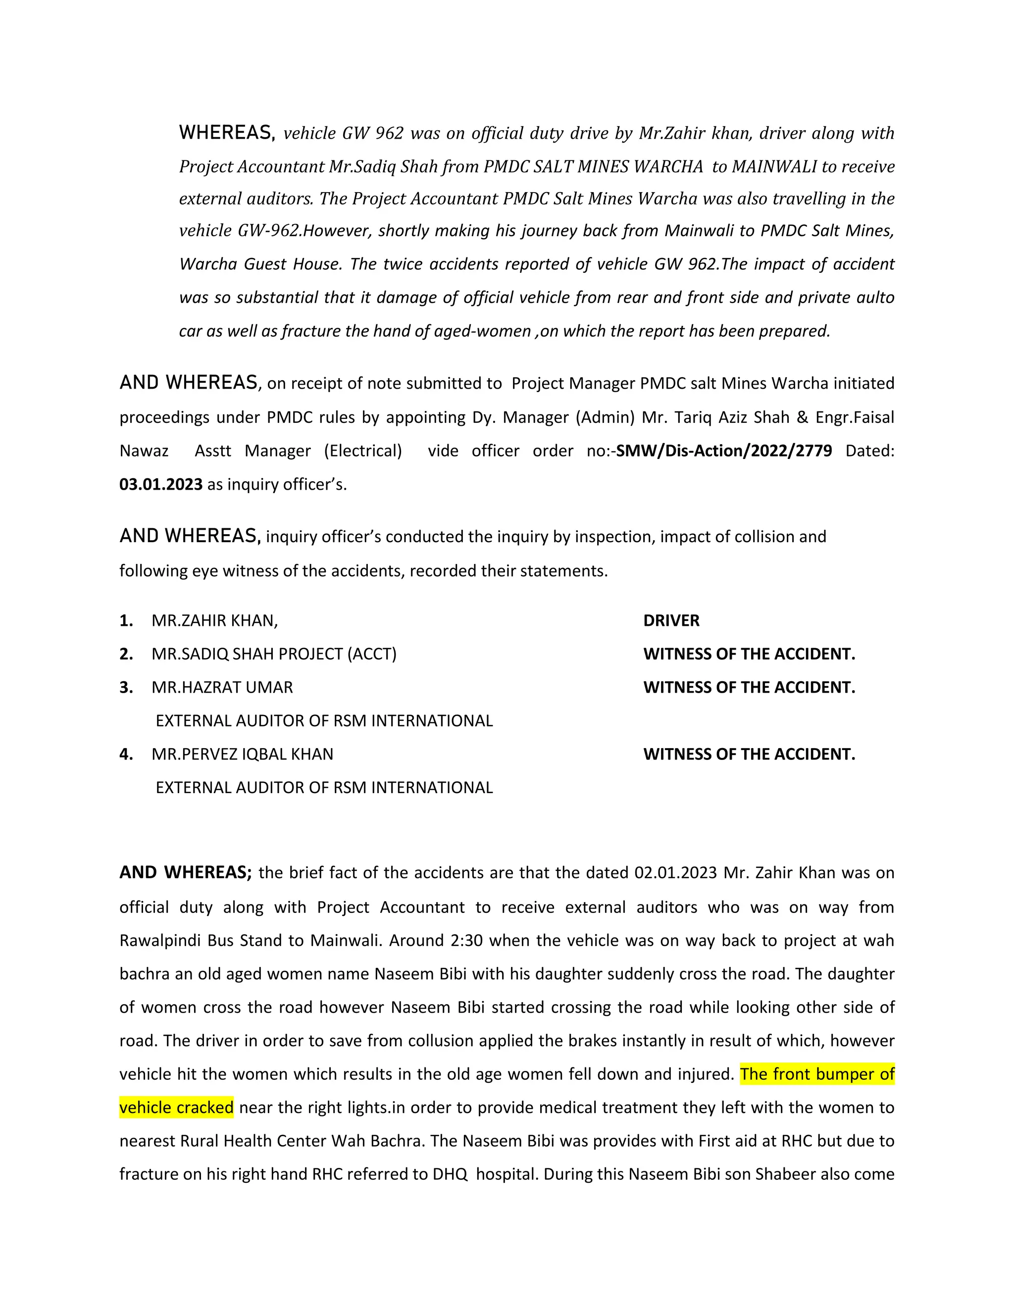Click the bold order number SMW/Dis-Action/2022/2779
click(x=724, y=451)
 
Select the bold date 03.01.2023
click(x=161, y=484)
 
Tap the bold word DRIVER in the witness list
click(x=671, y=620)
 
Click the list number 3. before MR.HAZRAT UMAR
click(x=126, y=687)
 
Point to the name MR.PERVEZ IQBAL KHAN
click(x=242, y=754)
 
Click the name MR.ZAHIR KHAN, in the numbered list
click(x=214, y=620)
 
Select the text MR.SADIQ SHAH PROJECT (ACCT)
click(x=274, y=654)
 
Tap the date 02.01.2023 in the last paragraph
click(x=675, y=872)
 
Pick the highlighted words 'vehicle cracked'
click(x=177, y=1107)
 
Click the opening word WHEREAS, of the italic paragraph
click(x=227, y=133)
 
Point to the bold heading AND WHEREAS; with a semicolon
click(x=186, y=872)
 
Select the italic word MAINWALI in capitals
click(x=774, y=166)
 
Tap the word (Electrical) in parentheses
click(x=363, y=451)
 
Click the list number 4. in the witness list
click(x=126, y=754)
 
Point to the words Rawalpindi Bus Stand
click(x=202, y=940)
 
